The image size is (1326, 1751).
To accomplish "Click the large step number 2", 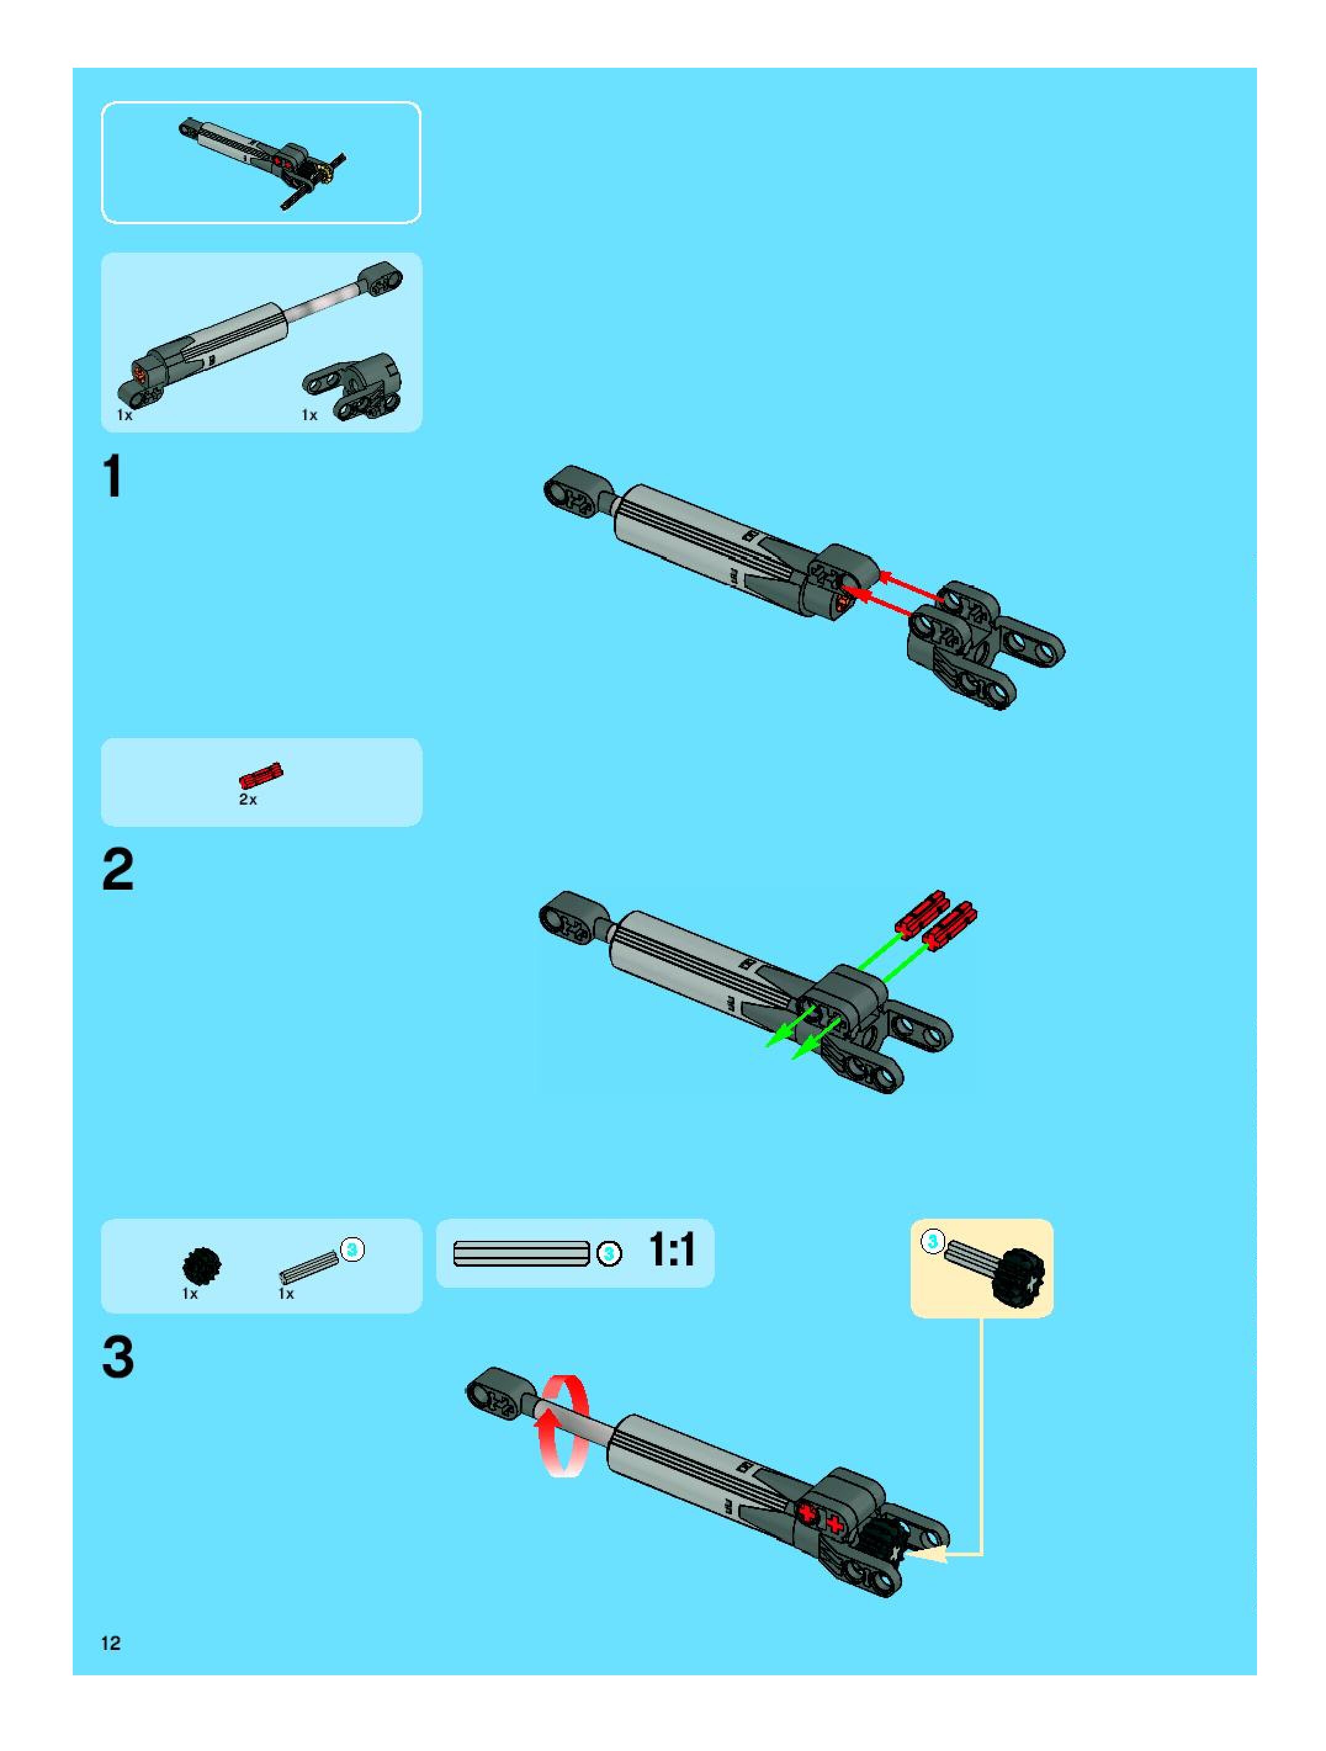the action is [x=118, y=870].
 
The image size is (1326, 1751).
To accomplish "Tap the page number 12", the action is [x=111, y=1643].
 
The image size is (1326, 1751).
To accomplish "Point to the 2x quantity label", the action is [x=248, y=800].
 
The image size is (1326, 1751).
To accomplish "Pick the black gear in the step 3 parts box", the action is [x=202, y=1266].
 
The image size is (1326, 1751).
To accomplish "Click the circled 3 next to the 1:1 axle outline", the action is [x=609, y=1254].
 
